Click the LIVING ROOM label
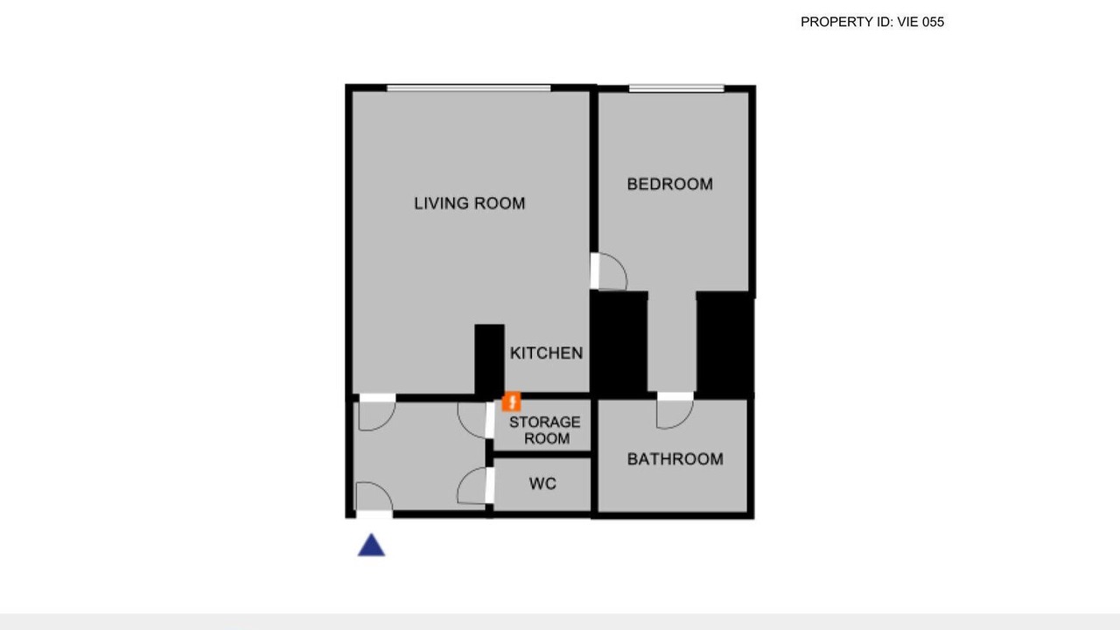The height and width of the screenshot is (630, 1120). click(470, 203)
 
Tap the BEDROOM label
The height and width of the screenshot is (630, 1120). click(670, 184)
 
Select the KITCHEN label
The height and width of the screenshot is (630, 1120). click(547, 353)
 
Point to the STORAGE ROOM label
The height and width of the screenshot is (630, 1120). click(545, 430)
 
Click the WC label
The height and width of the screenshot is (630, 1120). click(542, 484)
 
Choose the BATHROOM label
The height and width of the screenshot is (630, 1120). click(675, 459)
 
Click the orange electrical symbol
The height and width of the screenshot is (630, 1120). click(512, 402)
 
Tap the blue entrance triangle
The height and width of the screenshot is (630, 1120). click(371, 545)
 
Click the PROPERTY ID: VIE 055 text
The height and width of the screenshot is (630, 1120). click(872, 22)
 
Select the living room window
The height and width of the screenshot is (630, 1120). click(468, 88)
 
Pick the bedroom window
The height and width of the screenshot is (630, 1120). click(676, 88)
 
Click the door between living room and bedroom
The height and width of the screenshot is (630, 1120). click(608, 271)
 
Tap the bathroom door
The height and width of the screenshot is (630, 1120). click(675, 411)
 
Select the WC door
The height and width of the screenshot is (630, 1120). click(475, 486)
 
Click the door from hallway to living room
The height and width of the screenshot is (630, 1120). click(377, 412)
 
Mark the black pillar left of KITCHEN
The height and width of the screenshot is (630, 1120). click(489, 360)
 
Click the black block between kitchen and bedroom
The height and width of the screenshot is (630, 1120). click(619, 343)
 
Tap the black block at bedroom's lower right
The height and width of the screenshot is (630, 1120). click(725, 344)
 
